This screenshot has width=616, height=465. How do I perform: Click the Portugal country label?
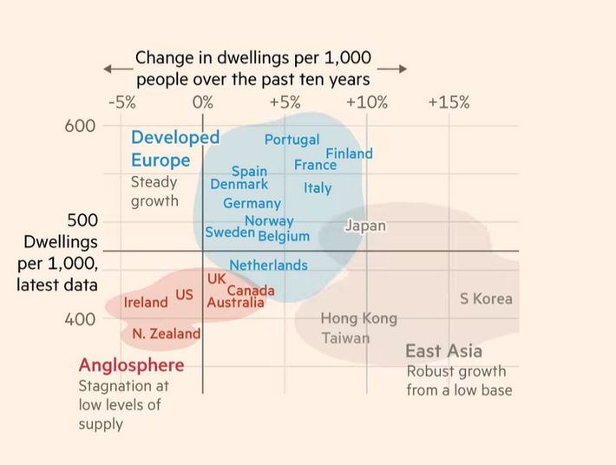pos(292,140)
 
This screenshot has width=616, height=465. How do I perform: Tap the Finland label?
pos(349,154)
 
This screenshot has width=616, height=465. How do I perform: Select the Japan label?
pos(365,226)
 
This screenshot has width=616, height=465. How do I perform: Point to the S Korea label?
pos(486,298)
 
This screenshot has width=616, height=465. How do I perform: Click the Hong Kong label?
pos(358,318)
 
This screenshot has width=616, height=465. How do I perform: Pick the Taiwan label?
pos(345,337)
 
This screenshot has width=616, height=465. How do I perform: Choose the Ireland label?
pos(146,303)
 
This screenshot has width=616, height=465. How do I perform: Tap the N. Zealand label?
pos(166,333)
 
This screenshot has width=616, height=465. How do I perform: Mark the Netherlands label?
pos(268,265)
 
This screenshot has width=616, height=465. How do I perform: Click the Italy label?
pos(318,187)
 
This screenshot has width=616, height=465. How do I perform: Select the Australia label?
pos(235,303)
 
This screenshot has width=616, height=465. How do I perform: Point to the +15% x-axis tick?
pos(449,102)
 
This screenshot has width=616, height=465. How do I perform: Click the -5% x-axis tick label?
pos(121,102)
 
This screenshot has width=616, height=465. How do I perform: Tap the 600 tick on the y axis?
pos(81,126)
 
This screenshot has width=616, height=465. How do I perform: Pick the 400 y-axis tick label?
pos(81,319)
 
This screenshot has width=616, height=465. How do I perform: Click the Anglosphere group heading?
pos(131,364)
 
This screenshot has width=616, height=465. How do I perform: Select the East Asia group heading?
pos(443,351)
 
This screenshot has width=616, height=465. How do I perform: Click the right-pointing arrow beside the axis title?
pos(392,69)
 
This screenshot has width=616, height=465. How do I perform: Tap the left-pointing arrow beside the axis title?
pos(116,69)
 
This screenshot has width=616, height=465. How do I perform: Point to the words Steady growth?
pos(154,192)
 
